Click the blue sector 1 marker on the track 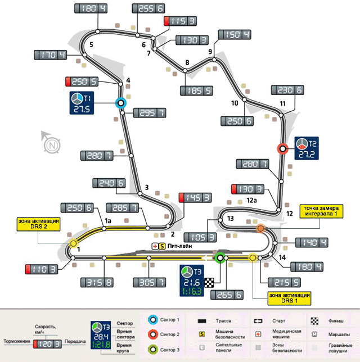click(x=120, y=103)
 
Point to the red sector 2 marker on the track click(x=283, y=148)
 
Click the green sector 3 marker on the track click(x=220, y=258)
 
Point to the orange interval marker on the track click(x=260, y=229)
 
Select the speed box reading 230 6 click(x=288, y=90)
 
